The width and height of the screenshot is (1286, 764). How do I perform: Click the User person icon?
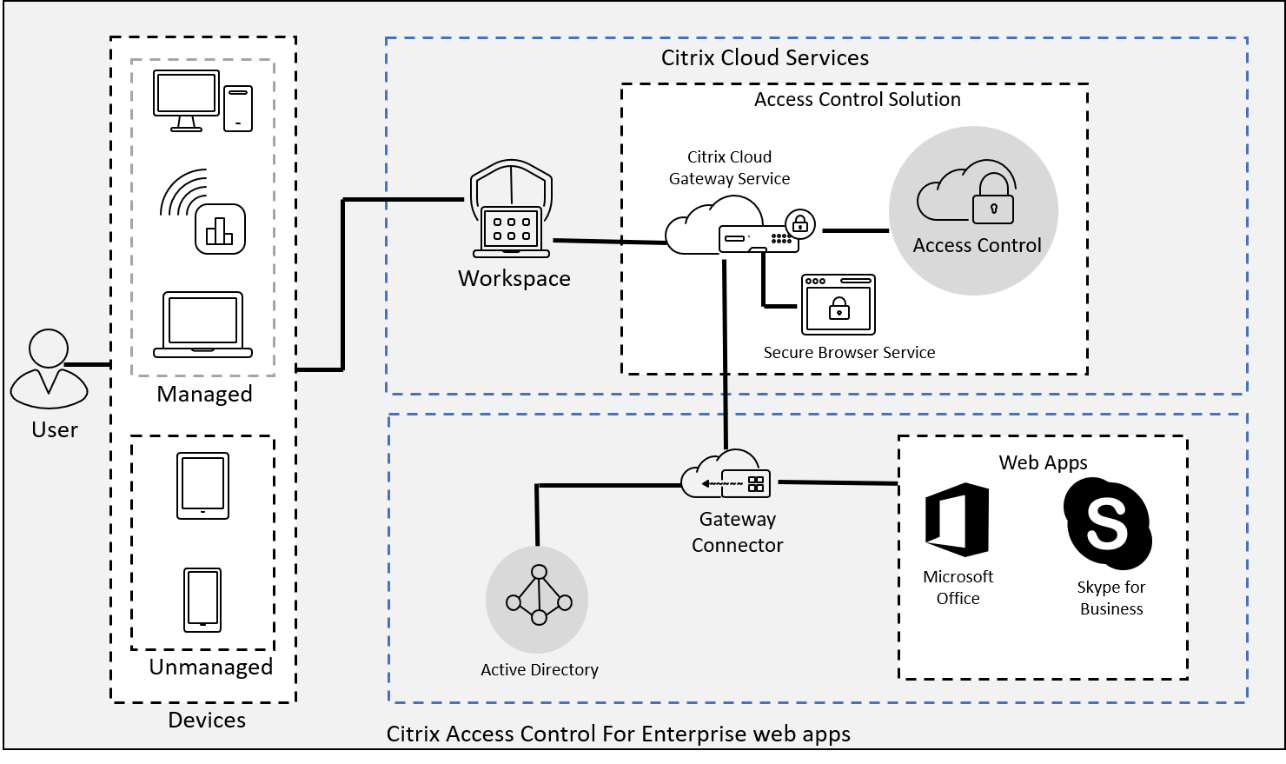tap(49, 369)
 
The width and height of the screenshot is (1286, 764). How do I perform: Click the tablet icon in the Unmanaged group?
tap(202, 486)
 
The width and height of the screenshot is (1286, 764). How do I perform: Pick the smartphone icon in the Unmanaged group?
tap(202, 600)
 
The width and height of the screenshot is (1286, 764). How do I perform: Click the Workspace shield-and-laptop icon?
tap(511, 210)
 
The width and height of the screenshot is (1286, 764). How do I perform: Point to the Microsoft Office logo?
tap(958, 519)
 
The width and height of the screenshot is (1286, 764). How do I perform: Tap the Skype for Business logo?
tap(1108, 522)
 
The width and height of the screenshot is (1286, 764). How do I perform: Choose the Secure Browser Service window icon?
tap(838, 305)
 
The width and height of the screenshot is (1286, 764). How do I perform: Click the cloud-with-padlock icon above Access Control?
tap(967, 192)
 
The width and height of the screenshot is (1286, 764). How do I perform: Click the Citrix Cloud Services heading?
tap(765, 58)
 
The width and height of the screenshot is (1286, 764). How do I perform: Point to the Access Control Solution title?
tap(857, 100)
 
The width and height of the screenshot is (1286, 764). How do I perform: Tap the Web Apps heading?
tap(1043, 462)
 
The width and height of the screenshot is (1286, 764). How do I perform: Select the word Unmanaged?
tap(211, 667)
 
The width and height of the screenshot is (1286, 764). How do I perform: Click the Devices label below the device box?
tap(207, 720)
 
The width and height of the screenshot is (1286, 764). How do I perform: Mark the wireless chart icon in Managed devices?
tap(204, 212)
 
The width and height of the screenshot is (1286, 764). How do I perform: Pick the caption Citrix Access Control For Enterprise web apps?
tap(618, 734)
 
